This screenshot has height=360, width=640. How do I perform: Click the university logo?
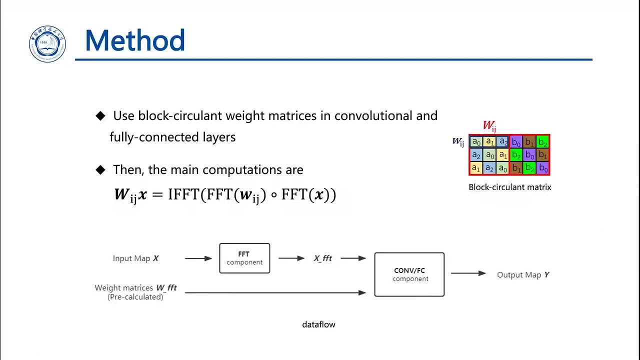pos(47,44)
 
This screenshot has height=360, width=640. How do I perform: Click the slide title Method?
pos(135,41)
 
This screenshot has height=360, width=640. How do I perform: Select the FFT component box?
pos(244,258)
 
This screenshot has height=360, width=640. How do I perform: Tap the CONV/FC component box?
pos(409,274)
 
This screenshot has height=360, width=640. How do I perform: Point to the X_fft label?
pos(322,258)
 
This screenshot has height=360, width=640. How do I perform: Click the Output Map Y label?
pos(522,275)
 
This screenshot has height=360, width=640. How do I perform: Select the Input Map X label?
pos(135,258)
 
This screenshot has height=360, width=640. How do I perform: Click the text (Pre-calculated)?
pos(135,297)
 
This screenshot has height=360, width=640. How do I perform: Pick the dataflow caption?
pos(318,324)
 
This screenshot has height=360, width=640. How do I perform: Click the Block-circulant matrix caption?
pos(509,187)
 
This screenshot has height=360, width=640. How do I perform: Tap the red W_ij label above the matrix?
pos(489,126)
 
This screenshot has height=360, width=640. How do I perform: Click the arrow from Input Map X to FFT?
pos(198,258)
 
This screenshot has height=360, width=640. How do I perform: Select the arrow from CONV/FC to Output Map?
pos(468,273)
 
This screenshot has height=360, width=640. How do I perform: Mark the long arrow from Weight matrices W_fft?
pos(275,292)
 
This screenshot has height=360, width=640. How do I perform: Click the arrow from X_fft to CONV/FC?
pos(353,258)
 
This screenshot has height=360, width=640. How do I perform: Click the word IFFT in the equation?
pos(183,194)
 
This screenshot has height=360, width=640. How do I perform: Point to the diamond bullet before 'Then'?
pos(100,170)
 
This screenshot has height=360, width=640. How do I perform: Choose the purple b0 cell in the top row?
pos(516,142)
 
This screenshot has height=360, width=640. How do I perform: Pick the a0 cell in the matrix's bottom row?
pos(502,168)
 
